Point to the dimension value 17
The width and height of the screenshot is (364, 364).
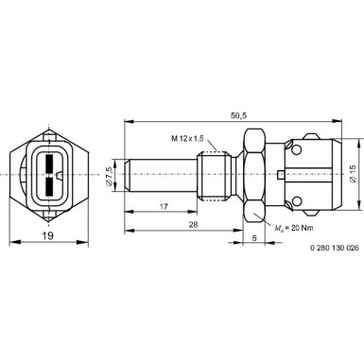click(165, 207)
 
